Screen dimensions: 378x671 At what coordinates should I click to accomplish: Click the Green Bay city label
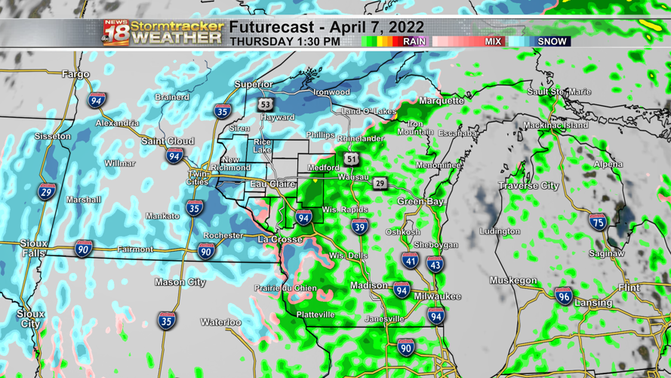(420, 202)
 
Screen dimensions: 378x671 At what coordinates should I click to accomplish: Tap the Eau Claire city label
(272, 184)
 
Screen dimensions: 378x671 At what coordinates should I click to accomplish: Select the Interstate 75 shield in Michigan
(597, 222)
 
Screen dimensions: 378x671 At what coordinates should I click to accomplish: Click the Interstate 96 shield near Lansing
(563, 296)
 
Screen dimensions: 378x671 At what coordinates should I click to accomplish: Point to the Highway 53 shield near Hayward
(265, 104)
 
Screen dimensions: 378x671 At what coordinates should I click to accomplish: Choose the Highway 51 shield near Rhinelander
(352, 158)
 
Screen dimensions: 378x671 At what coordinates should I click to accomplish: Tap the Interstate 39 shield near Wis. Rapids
(359, 226)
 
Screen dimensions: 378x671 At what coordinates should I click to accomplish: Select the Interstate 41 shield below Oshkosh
(410, 262)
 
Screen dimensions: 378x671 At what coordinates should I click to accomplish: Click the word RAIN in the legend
(414, 42)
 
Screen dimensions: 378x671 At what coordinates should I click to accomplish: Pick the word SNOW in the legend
(552, 42)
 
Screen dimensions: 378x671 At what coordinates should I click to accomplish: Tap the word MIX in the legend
(493, 42)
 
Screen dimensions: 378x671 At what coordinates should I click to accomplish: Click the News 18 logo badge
(115, 33)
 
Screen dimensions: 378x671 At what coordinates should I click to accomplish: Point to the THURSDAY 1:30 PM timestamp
(285, 42)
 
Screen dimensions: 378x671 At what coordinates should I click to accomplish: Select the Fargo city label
(75, 74)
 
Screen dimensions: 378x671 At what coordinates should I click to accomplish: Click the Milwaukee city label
(437, 296)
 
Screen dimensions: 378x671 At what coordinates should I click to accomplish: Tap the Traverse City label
(528, 185)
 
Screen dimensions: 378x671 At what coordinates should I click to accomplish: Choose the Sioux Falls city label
(32, 249)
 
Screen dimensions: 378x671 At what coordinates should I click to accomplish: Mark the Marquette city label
(441, 101)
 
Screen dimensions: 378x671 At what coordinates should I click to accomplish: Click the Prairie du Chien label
(285, 288)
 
